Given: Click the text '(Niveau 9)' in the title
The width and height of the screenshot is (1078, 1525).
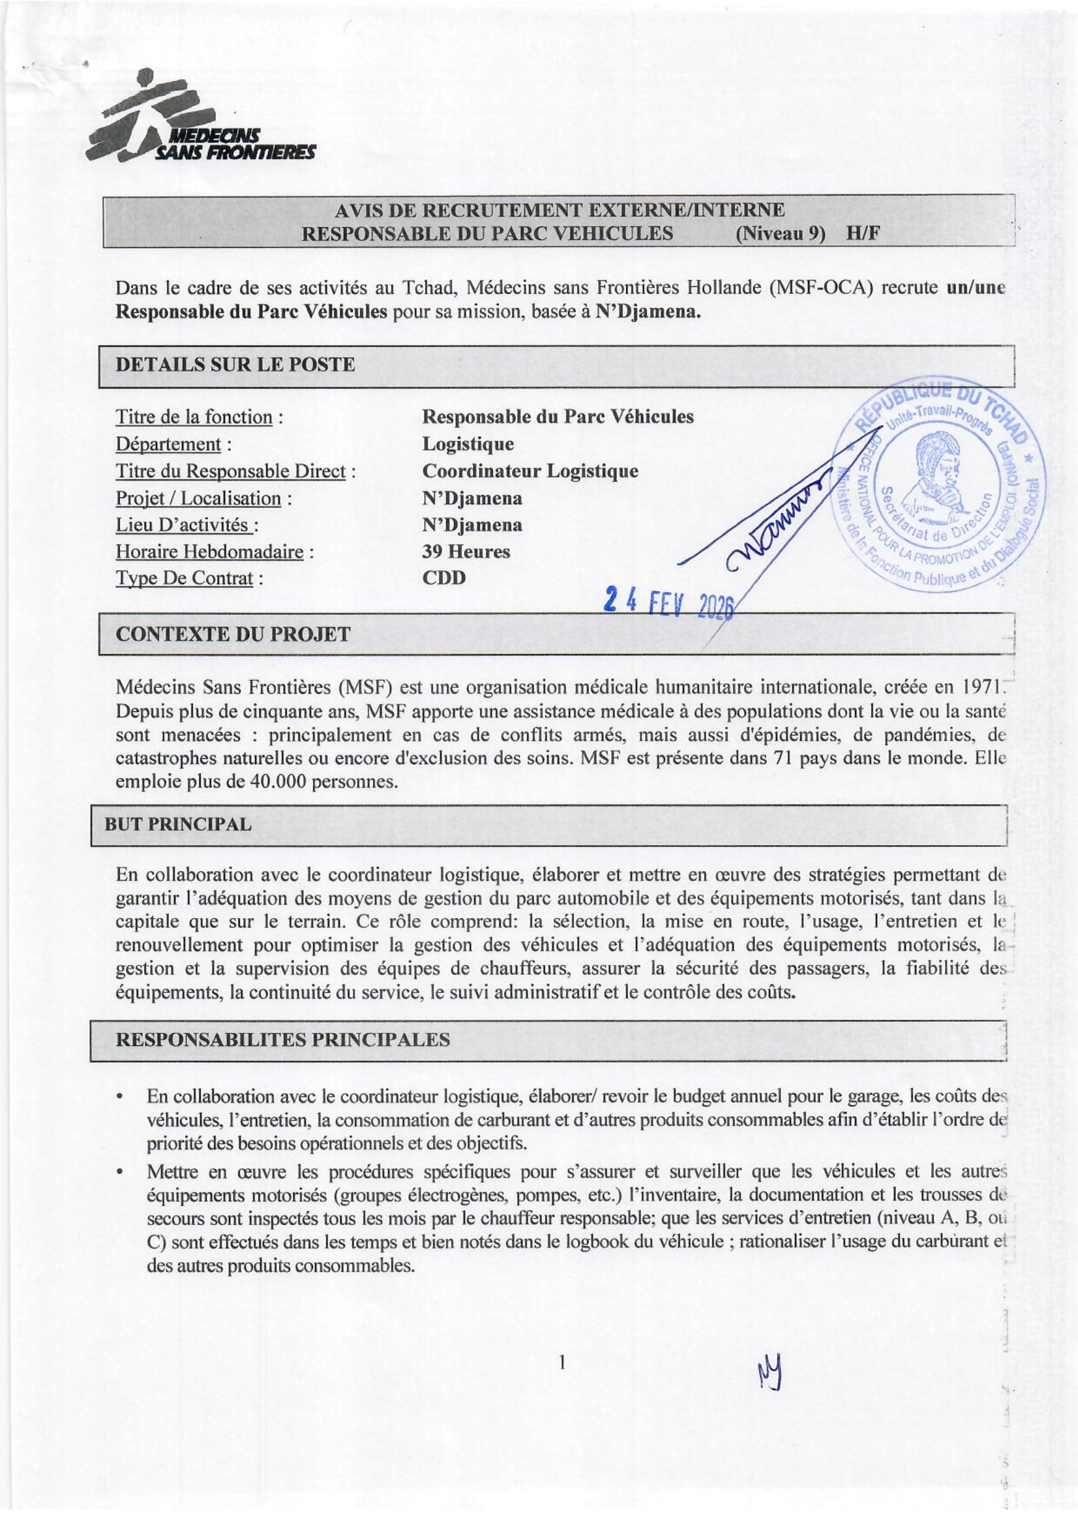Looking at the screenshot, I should click(x=780, y=234).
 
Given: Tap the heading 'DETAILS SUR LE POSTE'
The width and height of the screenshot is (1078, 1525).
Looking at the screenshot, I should click(x=235, y=364).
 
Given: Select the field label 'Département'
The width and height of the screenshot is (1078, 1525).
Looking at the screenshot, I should click(x=168, y=444).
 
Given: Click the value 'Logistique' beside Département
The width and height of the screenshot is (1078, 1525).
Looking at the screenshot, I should click(x=468, y=444).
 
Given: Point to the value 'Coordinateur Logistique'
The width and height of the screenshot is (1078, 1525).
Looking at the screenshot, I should click(x=530, y=471).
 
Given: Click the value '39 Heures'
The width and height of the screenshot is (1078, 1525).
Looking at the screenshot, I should click(x=466, y=552).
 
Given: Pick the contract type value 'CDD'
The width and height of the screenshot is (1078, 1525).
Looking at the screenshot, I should click(x=444, y=578).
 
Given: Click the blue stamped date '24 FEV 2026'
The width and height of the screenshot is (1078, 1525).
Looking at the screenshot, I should click(x=668, y=603).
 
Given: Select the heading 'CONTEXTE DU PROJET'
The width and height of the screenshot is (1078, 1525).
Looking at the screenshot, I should click(x=232, y=634).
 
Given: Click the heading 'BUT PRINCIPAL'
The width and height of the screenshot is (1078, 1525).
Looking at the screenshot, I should click(x=178, y=824).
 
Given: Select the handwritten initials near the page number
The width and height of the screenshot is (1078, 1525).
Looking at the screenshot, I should click(x=769, y=1372).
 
